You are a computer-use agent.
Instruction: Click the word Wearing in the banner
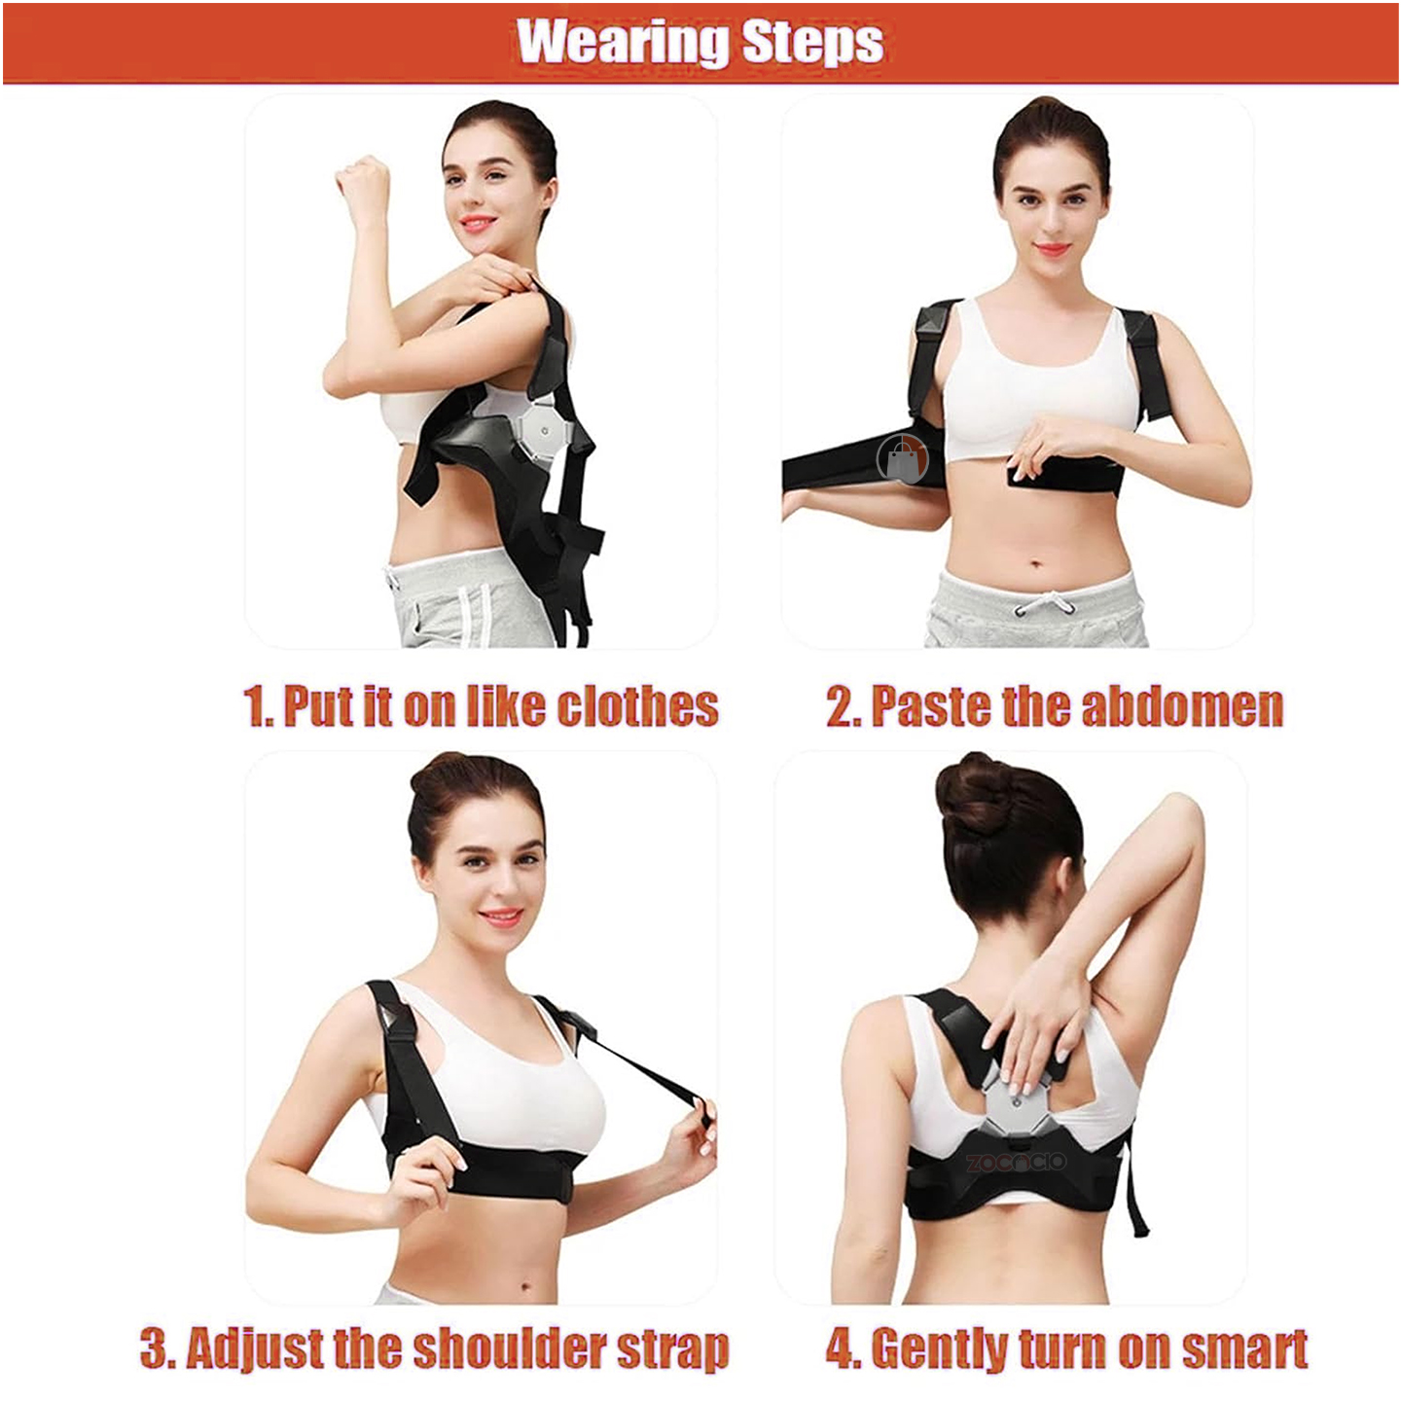click(623, 42)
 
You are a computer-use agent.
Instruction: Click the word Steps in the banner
click(812, 44)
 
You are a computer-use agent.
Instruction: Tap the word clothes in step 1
click(637, 705)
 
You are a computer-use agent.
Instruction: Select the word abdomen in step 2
click(1181, 705)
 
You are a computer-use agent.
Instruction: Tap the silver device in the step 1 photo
click(542, 433)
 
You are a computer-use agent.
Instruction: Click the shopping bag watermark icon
click(902, 458)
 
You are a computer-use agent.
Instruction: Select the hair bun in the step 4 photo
click(971, 793)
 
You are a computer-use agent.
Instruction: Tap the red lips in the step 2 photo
click(1052, 249)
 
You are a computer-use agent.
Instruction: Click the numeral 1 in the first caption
click(256, 706)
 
